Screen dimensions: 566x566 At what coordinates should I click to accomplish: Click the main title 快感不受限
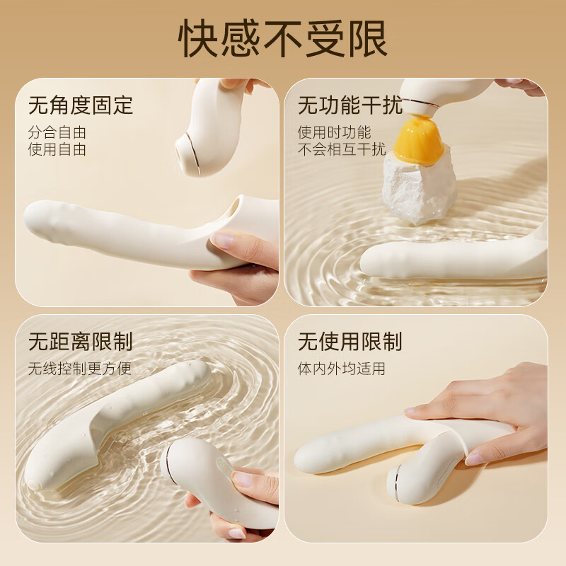click(x=283, y=39)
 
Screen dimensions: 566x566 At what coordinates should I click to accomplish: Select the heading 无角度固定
click(x=81, y=105)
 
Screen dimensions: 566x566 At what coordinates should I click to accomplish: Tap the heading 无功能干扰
click(x=350, y=105)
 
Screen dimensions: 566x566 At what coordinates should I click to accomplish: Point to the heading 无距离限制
click(x=81, y=342)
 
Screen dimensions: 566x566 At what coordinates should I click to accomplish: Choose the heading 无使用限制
click(x=350, y=342)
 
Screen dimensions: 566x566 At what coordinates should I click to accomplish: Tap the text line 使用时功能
click(x=334, y=132)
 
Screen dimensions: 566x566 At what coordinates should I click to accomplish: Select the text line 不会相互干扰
click(x=342, y=149)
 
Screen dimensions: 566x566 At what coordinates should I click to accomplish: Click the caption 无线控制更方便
click(x=80, y=369)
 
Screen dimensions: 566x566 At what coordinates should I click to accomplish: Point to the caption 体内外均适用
click(x=341, y=369)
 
